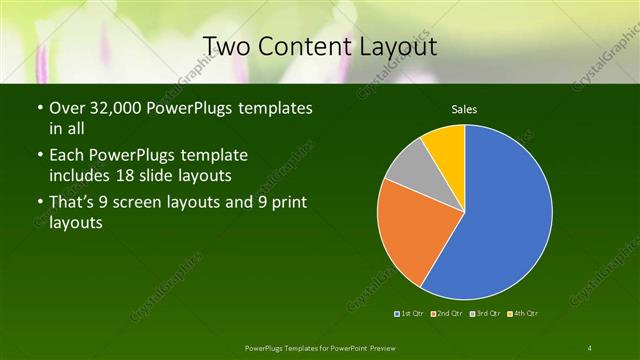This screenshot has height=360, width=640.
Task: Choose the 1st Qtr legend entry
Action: click(x=411, y=314)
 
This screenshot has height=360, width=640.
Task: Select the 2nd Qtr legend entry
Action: click(x=448, y=314)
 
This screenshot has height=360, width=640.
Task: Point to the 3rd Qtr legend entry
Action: click(x=485, y=314)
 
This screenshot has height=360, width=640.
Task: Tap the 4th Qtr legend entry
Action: click(x=522, y=314)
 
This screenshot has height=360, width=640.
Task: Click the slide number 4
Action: click(x=590, y=347)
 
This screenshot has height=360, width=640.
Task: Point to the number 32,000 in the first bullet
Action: click(x=116, y=108)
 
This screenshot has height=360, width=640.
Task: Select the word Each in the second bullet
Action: click(x=68, y=156)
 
